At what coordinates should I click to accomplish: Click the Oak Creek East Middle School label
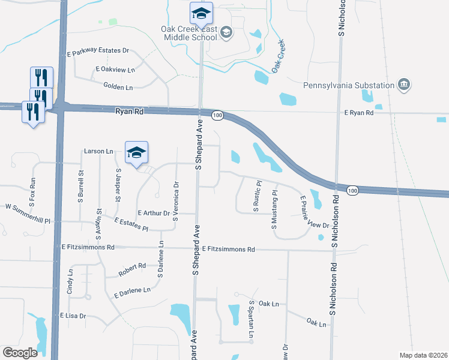(188, 33)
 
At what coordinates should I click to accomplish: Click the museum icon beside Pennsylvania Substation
(404, 85)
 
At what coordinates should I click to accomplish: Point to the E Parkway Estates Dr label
(98, 50)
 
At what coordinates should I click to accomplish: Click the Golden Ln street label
(118, 87)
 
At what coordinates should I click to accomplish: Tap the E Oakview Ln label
(115, 70)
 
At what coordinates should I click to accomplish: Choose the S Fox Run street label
(32, 189)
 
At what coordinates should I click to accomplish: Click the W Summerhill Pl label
(32, 207)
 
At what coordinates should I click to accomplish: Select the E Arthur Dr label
(154, 212)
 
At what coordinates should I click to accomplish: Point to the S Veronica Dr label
(175, 202)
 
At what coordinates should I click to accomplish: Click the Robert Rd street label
(132, 266)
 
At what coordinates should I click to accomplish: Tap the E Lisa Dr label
(73, 315)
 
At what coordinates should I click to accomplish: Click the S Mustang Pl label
(274, 210)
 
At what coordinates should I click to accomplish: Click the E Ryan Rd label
(359, 112)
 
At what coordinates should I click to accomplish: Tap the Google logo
(20, 353)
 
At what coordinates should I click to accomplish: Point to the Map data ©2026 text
(423, 355)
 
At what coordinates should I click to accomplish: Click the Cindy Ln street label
(70, 281)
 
